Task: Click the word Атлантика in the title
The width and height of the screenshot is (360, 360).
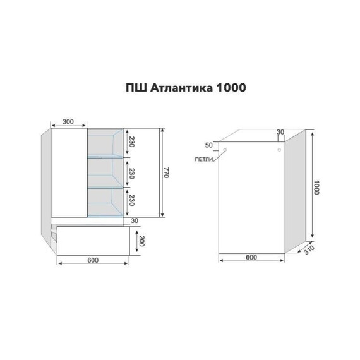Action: [x=181, y=88]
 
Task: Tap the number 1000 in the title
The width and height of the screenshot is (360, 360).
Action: [x=231, y=88]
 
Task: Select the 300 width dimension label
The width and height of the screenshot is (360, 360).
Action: [x=68, y=122]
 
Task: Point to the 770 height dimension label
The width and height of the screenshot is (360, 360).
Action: [x=166, y=172]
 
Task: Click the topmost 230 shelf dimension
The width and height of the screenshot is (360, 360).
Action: [x=131, y=142]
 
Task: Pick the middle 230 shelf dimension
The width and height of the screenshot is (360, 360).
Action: [x=131, y=174]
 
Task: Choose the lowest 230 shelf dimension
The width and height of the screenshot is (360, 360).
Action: [x=131, y=200]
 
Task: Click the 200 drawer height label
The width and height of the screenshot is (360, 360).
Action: [x=141, y=241]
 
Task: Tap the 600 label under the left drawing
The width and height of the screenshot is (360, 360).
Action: [x=93, y=260]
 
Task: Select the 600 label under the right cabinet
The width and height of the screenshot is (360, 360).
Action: [x=251, y=257]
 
